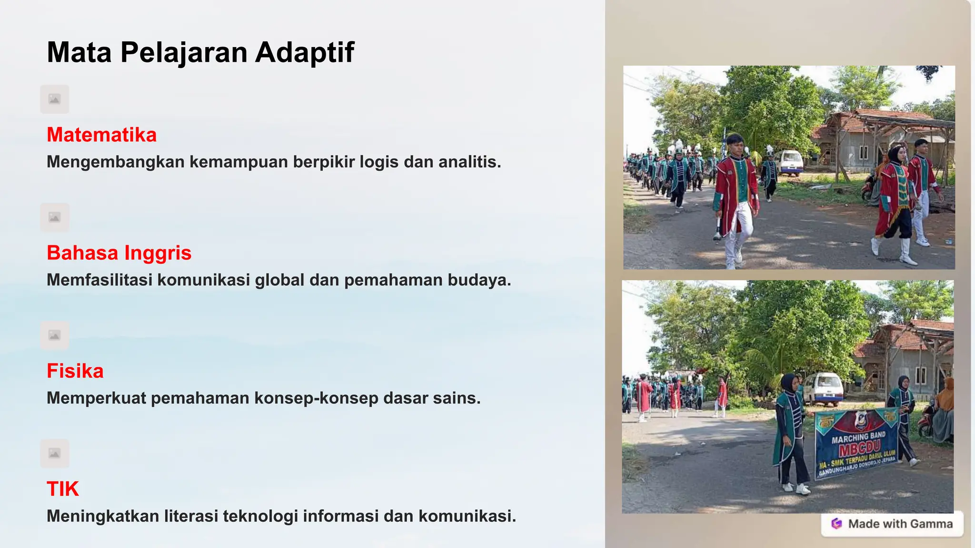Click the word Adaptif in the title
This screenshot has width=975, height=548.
click(305, 52)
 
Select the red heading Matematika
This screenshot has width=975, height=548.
click(101, 135)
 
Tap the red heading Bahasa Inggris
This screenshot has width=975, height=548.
click(119, 253)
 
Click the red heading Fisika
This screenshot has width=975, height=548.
click(75, 371)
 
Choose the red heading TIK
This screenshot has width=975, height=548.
click(63, 489)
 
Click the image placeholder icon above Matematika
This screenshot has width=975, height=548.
click(55, 99)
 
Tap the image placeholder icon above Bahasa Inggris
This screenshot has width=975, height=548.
click(55, 217)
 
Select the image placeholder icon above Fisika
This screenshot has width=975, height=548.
click(55, 335)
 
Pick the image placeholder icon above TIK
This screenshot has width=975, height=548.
click(55, 453)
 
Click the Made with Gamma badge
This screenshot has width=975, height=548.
click(892, 524)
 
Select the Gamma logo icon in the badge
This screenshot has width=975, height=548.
click(836, 524)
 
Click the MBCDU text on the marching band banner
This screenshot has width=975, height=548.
click(860, 449)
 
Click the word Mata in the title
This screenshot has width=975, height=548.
click(79, 52)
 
